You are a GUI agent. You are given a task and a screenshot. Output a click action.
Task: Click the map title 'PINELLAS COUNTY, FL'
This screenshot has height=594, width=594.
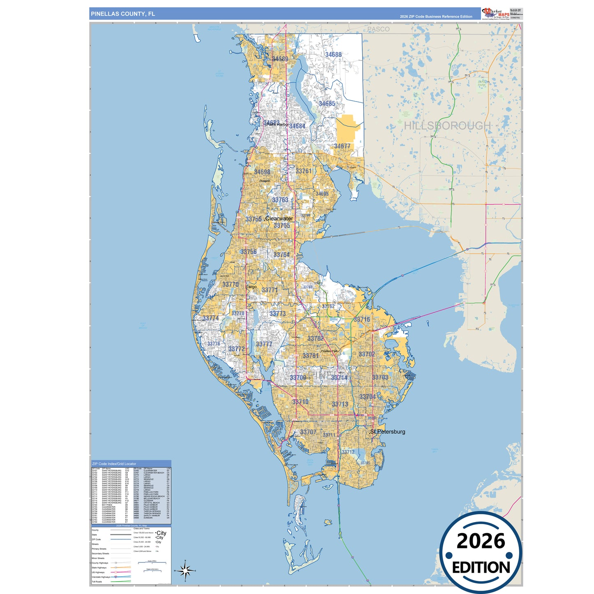pyautogui.click(x=123, y=14)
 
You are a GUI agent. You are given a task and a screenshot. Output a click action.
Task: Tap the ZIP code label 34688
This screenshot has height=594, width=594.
pyautogui.click(x=333, y=55)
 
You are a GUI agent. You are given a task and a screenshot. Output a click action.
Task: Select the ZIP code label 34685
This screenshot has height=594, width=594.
pyautogui.click(x=327, y=104)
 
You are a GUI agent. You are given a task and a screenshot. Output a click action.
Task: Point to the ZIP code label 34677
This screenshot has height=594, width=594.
pyautogui.click(x=342, y=146)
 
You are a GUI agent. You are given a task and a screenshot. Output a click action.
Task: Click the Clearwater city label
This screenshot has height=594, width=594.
pyautogui.click(x=279, y=219)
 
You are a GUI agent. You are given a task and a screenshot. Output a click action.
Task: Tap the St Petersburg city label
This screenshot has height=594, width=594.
pyautogui.click(x=388, y=432)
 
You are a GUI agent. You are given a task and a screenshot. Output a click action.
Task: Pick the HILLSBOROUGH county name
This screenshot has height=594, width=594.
pyautogui.click(x=447, y=125)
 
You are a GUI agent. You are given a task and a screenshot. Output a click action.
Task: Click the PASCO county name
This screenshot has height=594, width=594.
pyautogui.click(x=378, y=29)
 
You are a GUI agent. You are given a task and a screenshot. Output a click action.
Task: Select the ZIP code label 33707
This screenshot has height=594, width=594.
pyautogui.click(x=308, y=432)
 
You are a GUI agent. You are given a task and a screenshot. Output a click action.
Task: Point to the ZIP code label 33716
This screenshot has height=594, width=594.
pyautogui.click(x=362, y=319)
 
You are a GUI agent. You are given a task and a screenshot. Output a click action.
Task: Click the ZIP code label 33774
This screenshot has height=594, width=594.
pyautogui.click(x=210, y=318)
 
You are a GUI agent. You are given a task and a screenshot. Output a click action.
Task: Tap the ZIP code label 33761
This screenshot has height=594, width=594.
pyautogui.click(x=303, y=171)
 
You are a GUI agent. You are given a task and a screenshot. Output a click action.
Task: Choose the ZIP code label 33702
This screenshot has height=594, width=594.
pyautogui.click(x=367, y=354)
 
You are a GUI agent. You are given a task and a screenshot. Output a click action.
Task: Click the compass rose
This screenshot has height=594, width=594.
pyautogui.click(x=185, y=570)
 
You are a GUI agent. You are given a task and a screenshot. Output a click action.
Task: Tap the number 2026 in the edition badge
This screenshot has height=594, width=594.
pyautogui.click(x=481, y=541)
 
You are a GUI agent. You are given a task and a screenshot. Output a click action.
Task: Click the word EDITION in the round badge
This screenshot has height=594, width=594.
pyautogui.click(x=481, y=568)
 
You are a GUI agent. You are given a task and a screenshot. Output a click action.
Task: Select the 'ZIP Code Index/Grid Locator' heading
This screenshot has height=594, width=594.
pyautogui.click(x=114, y=464)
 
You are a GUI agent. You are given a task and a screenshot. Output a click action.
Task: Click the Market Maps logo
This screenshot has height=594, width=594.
pyautogui.click(x=495, y=14)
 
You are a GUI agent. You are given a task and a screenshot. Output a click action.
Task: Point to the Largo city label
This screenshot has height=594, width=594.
pyautogui.click(x=252, y=287)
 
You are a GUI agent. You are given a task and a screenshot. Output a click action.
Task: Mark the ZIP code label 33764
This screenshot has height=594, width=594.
pyautogui.click(x=282, y=255)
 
